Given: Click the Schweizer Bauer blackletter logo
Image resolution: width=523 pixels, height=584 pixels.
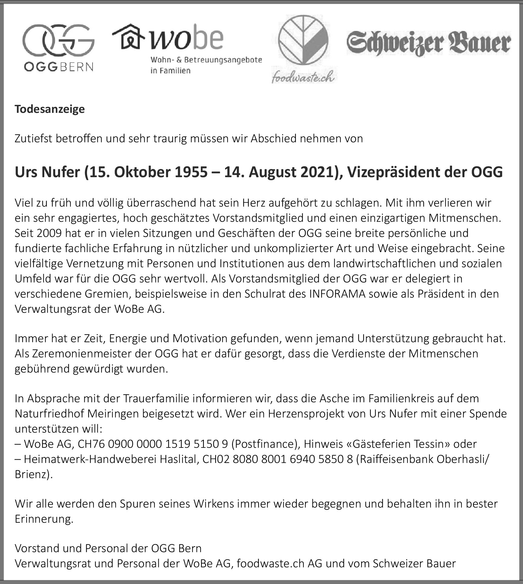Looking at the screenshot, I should (428, 43).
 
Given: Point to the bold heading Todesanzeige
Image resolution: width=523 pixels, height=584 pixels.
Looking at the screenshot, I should (50, 109).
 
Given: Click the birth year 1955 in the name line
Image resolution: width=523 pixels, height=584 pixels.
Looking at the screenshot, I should (191, 172).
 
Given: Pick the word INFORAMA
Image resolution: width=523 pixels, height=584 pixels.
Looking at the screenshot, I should (337, 294).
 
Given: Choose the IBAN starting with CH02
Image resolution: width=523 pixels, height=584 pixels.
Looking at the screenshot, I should (278, 459).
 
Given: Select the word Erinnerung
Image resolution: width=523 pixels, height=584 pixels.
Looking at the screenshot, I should (44, 519).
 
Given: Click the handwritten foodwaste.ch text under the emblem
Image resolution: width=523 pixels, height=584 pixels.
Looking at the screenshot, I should (303, 77).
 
